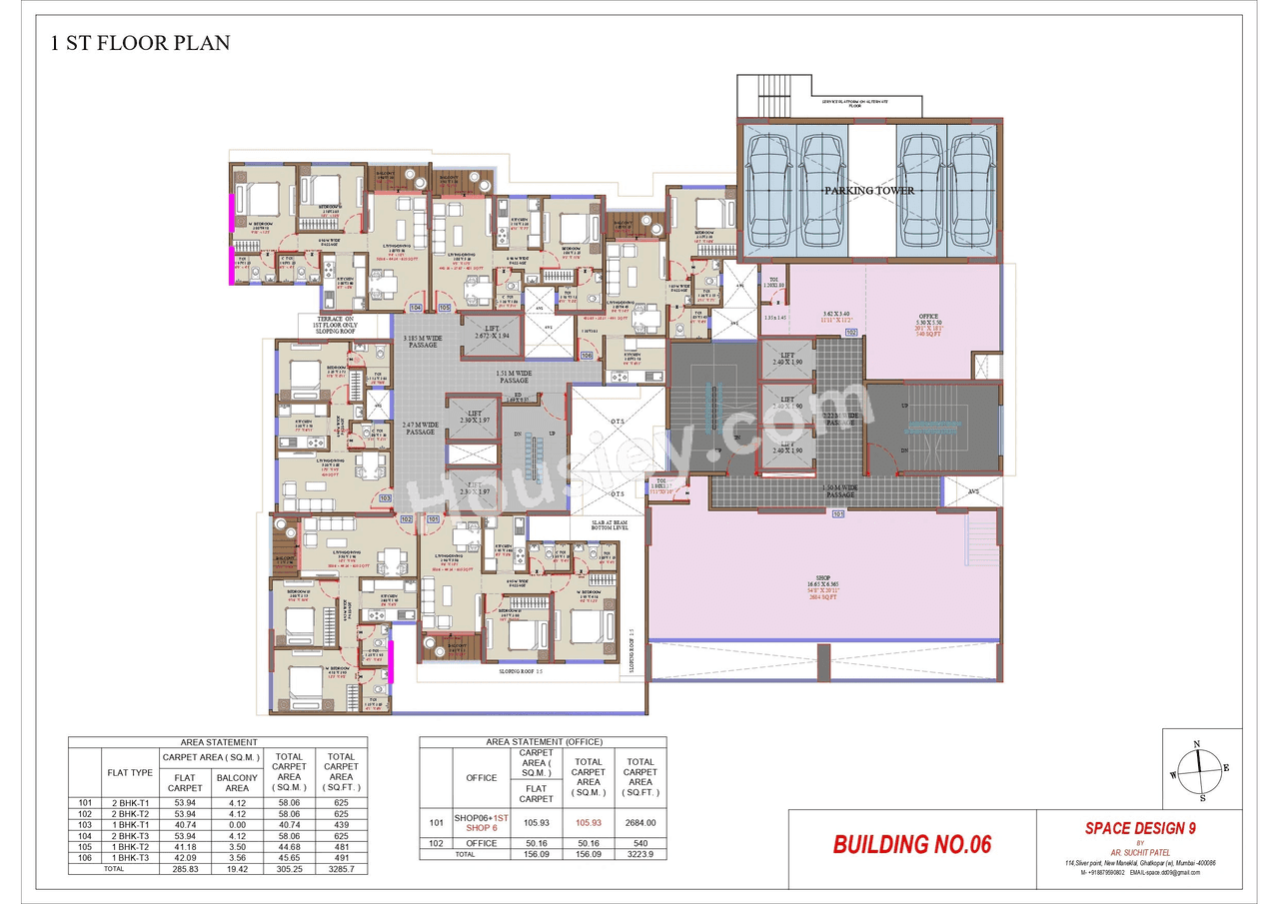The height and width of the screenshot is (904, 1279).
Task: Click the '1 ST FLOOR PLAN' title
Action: pos(140,43)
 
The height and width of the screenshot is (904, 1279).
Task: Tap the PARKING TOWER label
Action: pos(868,190)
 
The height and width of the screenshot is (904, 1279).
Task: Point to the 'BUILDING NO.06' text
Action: pos(911,844)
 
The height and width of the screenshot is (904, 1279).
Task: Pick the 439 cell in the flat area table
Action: pos(341,825)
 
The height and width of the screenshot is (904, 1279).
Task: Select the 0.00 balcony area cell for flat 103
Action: pos(237,825)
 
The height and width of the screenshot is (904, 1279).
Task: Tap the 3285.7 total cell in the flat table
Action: pos(341,869)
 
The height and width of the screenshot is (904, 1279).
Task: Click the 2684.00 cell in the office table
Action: pos(639,822)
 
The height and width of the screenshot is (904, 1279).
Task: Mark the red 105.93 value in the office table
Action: pos(588,822)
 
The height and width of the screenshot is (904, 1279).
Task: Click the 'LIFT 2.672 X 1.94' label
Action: pos(490,334)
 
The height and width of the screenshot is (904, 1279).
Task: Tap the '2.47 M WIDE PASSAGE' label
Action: pos(421,428)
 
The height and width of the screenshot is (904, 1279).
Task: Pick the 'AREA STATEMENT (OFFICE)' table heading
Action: pos(542,742)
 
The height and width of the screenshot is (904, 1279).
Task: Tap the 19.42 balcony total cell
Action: pos(237,869)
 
